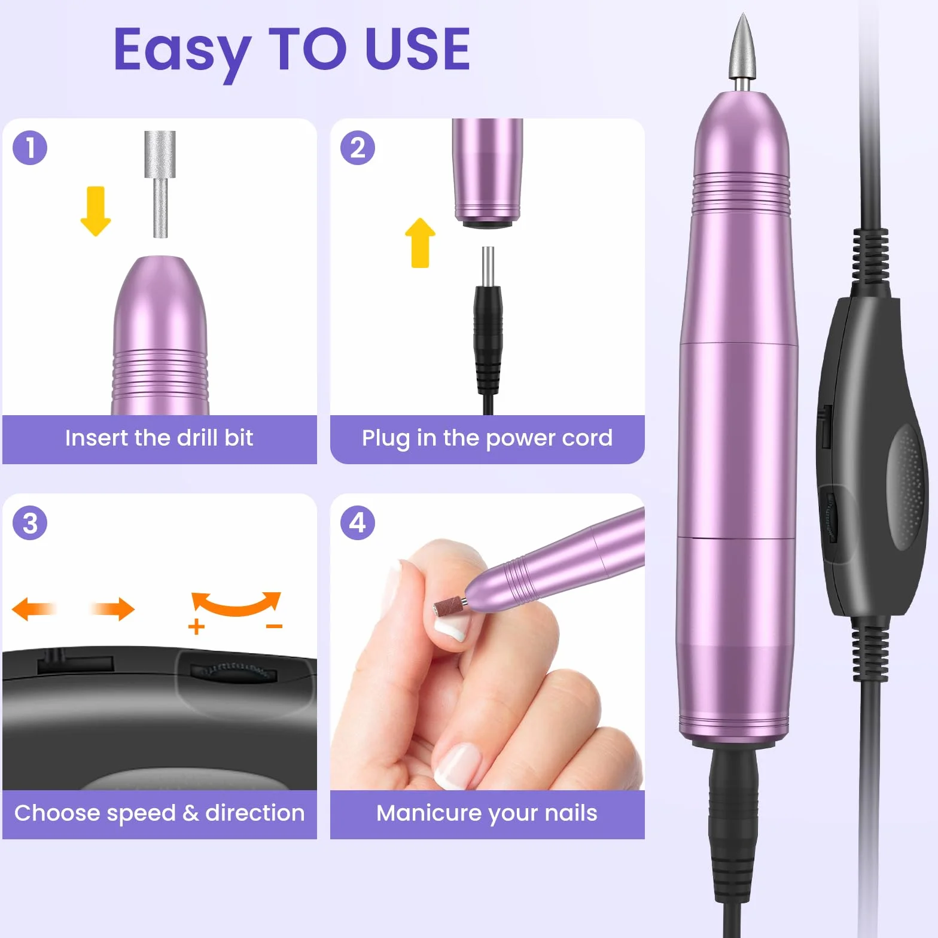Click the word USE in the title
pyautogui.click(x=417, y=48)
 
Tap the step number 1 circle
pyautogui.click(x=30, y=148)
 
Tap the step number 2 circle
pyautogui.click(x=358, y=148)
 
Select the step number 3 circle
pyautogui.click(x=30, y=523)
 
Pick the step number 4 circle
pyautogui.click(x=358, y=523)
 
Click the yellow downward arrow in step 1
pyautogui.click(x=96, y=211)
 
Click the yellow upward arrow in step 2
pyautogui.click(x=420, y=242)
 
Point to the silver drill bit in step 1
pyautogui.click(x=160, y=184)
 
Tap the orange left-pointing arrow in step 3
pyautogui.click(x=34, y=609)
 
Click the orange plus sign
pyautogui.click(x=196, y=627)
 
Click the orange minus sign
pyautogui.click(x=274, y=626)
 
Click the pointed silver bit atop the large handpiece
pyautogui.click(x=742, y=51)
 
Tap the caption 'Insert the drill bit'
pyautogui.click(x=159, y=438)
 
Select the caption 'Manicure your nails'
pyautogui.click(x=487, y=814)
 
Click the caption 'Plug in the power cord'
pyautogui.click(x=487, y=438)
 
